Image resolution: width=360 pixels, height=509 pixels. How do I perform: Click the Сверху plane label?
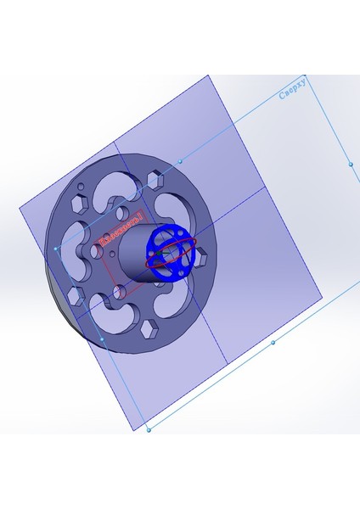point(297,89)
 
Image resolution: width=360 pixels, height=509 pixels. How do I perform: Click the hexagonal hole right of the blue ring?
point(203,255)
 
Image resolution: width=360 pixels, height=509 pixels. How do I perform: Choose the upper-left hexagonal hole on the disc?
point(78,204)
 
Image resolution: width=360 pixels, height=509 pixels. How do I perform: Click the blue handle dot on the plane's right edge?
point(350,162)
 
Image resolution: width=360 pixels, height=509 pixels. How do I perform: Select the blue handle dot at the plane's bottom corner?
point(149,430)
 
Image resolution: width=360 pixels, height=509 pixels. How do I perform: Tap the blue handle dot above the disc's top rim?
point(180,160)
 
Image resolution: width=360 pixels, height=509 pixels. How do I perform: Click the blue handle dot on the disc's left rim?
point(56,249)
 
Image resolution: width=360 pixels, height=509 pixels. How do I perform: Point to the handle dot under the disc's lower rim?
point(103,339)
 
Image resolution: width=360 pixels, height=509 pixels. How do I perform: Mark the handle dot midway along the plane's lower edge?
point(273,343)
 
